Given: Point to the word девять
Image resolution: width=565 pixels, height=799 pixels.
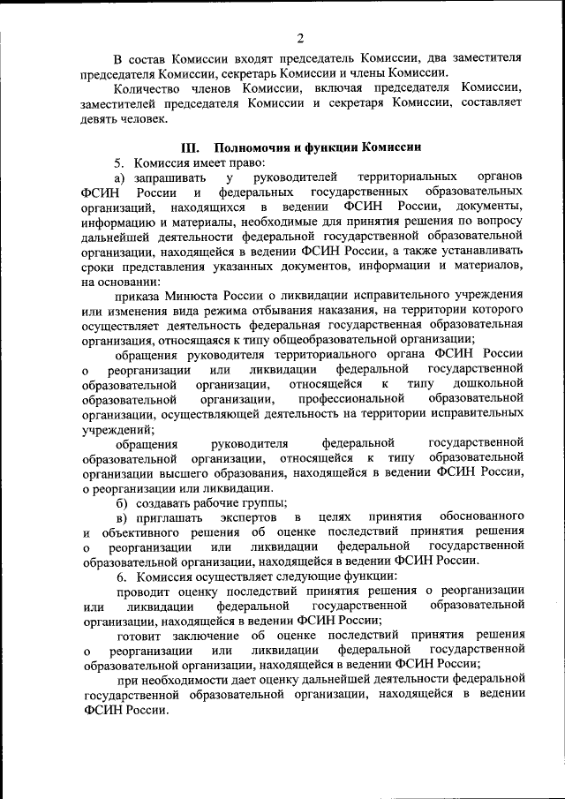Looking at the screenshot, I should tap(97, 119).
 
